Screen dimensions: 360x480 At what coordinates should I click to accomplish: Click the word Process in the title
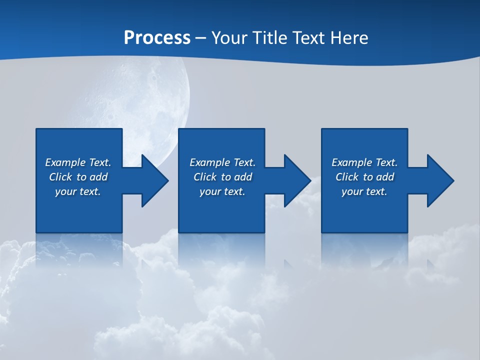coord(157,38)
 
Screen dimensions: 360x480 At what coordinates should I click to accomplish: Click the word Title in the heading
coord(268,38)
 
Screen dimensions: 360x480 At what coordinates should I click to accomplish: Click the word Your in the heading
coord(228,38)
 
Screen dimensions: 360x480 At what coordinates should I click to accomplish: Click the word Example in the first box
coord(65,162)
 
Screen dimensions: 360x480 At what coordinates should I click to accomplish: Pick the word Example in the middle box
coord(209,162)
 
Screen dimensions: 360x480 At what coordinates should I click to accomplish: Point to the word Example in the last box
coord(351,162)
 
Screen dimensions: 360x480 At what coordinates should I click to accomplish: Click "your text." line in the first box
coord(78,191)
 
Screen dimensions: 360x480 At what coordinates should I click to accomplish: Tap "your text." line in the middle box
coord(222,191)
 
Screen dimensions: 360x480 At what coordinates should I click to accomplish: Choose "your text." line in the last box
coord(364,191)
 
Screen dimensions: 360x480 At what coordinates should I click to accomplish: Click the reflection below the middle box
coord(221,250)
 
